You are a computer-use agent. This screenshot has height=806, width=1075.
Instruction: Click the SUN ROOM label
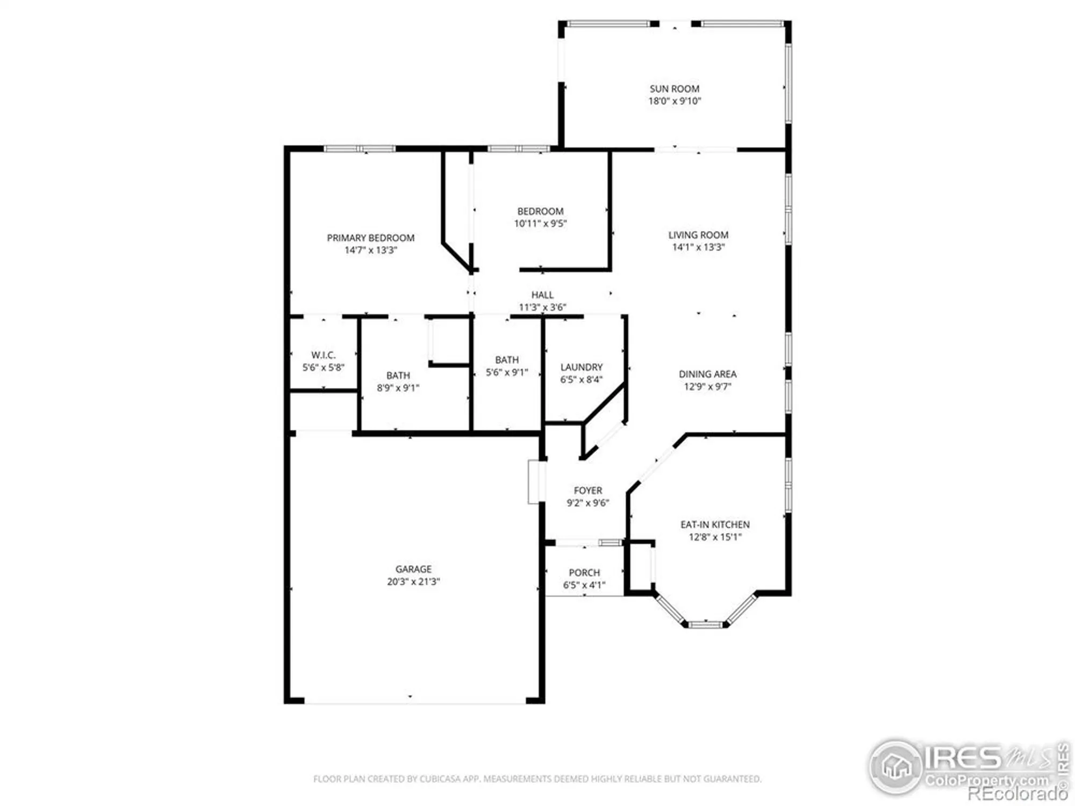point(674,89)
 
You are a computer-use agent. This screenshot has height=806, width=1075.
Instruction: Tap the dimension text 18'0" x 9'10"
point(674,101)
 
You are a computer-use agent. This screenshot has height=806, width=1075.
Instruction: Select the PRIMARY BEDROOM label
point(370,238)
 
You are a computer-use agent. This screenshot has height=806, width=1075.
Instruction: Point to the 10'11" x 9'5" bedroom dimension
point(540,224)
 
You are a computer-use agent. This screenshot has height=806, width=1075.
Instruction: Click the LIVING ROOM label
point(698,235)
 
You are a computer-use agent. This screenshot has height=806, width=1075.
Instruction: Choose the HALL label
point(542,294)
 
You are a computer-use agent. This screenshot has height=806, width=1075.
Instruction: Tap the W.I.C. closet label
point(323,355)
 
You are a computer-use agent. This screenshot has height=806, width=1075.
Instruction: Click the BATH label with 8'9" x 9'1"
point(398,375)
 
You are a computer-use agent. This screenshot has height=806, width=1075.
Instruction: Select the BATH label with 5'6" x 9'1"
point(507,359)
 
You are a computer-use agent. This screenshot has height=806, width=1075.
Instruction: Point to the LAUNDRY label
point(581,367)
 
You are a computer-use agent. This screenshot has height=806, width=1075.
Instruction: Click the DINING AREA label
point(707,374)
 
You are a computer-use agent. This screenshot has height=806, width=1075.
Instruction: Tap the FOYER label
point(587,490)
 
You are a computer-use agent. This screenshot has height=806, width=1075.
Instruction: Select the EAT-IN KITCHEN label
point(715,524)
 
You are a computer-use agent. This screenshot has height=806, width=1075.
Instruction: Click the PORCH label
point(584,573)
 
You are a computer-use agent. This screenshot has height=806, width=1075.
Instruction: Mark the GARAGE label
point(413,568)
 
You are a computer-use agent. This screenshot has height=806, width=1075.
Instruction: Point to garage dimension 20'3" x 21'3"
point(413,581)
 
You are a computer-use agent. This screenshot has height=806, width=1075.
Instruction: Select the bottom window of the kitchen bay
point(705,624)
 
